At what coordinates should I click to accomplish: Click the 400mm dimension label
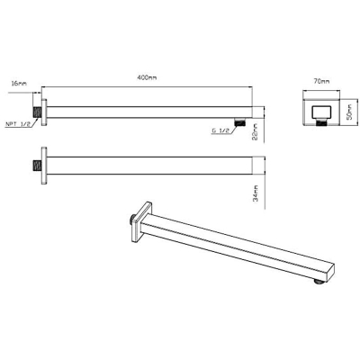147,77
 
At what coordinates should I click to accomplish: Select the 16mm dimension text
19,83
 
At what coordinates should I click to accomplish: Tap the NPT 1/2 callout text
18,124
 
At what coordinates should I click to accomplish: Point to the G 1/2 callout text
220,130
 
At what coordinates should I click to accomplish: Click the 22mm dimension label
256,132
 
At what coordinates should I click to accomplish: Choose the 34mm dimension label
256,193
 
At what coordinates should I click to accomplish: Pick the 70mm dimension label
321,81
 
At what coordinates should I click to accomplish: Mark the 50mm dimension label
349,112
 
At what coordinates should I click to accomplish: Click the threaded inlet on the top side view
37,112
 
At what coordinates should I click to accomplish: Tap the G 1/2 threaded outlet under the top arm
239,122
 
